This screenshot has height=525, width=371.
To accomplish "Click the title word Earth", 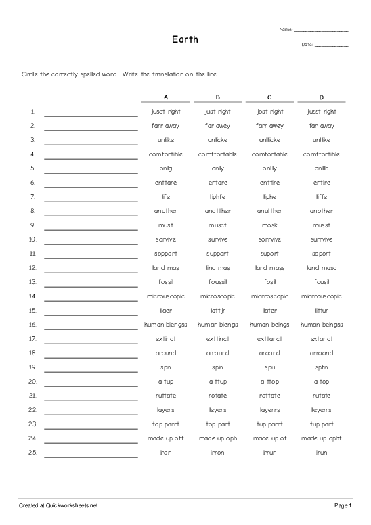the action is tap(185, 39).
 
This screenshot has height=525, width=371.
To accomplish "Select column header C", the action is tap(269, 97).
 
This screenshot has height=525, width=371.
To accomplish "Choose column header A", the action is tap(166, 97).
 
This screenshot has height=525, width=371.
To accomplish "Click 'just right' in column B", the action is tap(217, 112).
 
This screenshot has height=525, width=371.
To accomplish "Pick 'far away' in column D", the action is tap(322, 126).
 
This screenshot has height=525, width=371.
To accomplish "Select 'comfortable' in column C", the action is tap(269, 154).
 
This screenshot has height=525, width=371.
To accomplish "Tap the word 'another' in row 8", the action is tap(322, 211).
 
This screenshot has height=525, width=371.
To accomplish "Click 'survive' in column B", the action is tap(217, 239).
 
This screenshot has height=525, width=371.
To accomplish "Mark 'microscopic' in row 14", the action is tap(217, 296).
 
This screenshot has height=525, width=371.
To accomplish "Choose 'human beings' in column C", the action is tap(269, 325).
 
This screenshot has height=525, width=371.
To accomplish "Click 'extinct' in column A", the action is tap(166, 339).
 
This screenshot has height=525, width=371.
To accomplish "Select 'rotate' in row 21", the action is tap(217, 396).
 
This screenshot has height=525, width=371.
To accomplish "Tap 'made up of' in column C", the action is tap(269, 438).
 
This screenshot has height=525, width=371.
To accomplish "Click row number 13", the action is tap(32, 282).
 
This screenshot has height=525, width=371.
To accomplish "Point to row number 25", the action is tap(32, 453).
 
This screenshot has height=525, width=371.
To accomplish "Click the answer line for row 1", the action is tap(91, 115).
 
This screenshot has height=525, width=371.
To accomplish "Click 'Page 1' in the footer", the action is tap(342, 505).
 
